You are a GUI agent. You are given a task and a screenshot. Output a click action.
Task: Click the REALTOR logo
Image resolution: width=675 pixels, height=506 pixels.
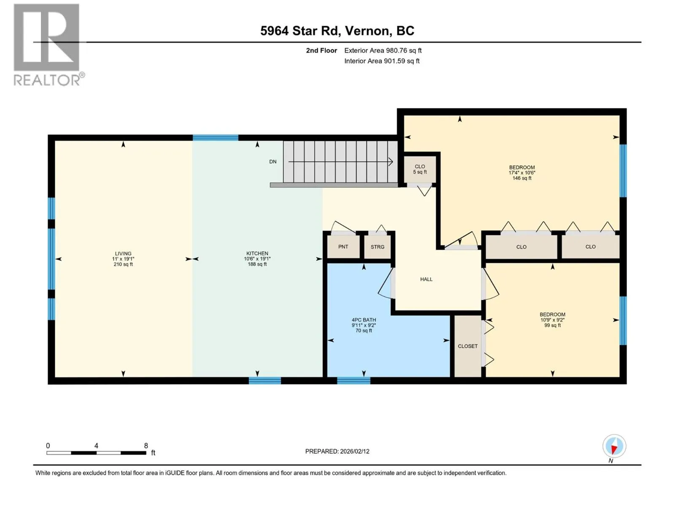click(49, 45)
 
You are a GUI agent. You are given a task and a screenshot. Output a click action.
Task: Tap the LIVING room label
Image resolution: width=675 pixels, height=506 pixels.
click(123, 253)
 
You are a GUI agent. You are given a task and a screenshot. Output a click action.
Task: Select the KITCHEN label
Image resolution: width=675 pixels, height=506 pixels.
click(257, 253)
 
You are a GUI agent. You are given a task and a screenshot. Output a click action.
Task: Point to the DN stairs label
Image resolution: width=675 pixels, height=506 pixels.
click(273, 161)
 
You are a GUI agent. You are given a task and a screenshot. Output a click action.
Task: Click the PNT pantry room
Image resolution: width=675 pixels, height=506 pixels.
click(343, 247)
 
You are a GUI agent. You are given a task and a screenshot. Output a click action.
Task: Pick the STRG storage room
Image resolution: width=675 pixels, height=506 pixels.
click(377, 247)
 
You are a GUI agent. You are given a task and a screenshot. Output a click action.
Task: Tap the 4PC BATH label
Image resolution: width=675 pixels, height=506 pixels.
click(364, 320)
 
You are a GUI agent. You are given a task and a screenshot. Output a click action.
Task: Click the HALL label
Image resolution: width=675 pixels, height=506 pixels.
click(426, 279)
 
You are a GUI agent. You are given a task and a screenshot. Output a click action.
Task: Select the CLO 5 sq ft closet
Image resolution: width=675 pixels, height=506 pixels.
click(420, 169)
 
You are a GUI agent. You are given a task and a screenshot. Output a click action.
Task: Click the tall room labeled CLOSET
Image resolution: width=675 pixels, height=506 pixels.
click(468, 346)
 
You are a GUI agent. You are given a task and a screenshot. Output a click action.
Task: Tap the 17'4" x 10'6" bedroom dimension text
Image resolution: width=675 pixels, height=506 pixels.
click(522, 172)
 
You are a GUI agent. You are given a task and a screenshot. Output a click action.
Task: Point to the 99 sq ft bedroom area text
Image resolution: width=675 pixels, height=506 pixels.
click(553, 325)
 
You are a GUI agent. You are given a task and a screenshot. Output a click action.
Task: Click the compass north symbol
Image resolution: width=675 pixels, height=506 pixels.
click(614, 446)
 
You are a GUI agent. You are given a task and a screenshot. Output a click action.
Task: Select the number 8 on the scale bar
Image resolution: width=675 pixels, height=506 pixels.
click(146, 445)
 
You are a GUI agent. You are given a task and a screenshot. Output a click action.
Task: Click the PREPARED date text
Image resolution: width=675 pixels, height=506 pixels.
click(337, 451)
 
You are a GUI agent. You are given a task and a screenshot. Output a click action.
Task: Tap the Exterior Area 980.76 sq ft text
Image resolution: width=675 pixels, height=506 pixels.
click(383, 50)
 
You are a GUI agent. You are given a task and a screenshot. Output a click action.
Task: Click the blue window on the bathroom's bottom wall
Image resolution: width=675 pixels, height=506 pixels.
click(354, 381)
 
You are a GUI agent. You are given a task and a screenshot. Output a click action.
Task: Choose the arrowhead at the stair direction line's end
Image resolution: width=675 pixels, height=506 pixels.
click(391, 161)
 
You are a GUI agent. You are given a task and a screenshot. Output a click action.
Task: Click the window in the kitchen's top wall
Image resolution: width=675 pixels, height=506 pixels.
click(215, 137)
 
